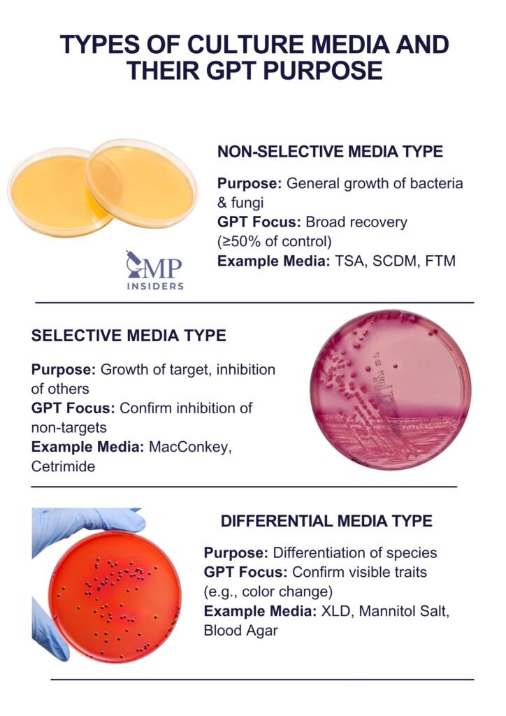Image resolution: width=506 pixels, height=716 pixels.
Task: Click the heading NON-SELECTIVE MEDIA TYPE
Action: pyautogui.click(x=330, y=152)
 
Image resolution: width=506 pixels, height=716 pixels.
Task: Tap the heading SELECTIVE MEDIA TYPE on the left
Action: pyautogui.click(x=129, y=336)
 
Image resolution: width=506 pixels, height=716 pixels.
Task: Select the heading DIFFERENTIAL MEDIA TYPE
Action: pyautogui.click(x=326, y=521)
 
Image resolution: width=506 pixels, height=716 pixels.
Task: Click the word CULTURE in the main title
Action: pyautogui.click(x=241, y=44)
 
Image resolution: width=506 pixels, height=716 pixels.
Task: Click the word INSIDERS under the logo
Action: pyautogui.click(x=156, y=285)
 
